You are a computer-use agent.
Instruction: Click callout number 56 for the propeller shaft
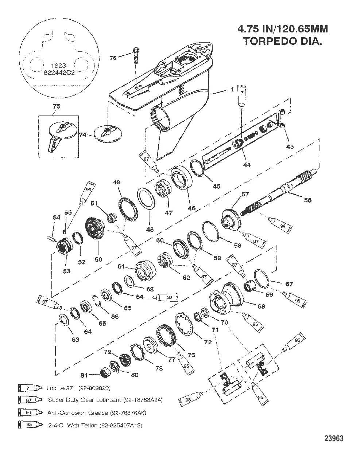(x=307, y=200)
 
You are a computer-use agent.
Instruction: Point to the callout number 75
(x=57, y=106)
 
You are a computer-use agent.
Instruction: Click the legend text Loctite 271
(x=78, y=388)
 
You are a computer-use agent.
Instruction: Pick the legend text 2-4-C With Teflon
(x=95, y=425)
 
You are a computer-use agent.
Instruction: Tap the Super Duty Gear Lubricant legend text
(x=105, y=400)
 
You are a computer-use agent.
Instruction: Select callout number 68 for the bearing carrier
(x=261, y=306)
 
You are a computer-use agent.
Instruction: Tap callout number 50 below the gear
(x=98, y=259)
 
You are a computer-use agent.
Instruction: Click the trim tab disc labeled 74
(x=106, y=132)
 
